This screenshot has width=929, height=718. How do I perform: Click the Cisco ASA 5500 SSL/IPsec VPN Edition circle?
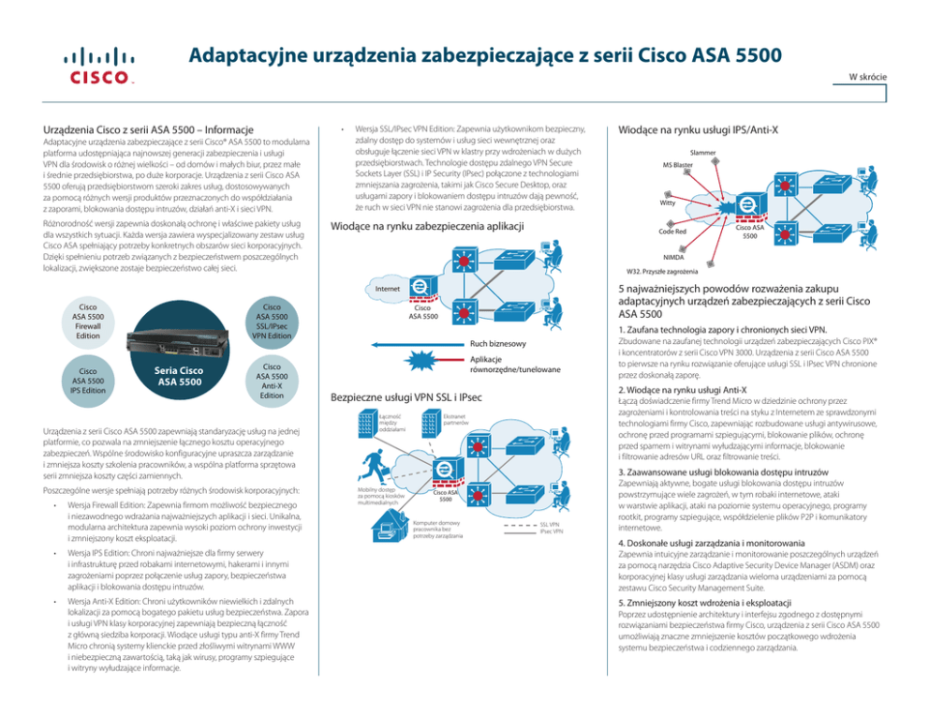272,321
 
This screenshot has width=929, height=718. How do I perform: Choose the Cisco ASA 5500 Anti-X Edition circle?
272,381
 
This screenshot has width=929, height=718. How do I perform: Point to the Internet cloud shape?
387,289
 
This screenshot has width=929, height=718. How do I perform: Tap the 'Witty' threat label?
668,202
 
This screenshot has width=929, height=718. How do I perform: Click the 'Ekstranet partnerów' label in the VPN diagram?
456,420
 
